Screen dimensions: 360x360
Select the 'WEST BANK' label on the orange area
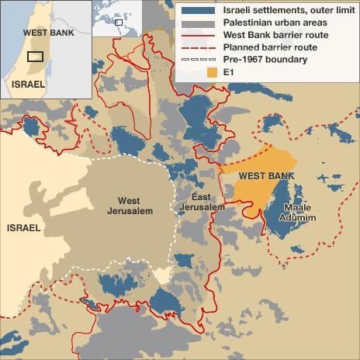pyautogui.click(x=260, y=176)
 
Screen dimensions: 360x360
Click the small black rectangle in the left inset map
pyautogui.click(x=35, y=56)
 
